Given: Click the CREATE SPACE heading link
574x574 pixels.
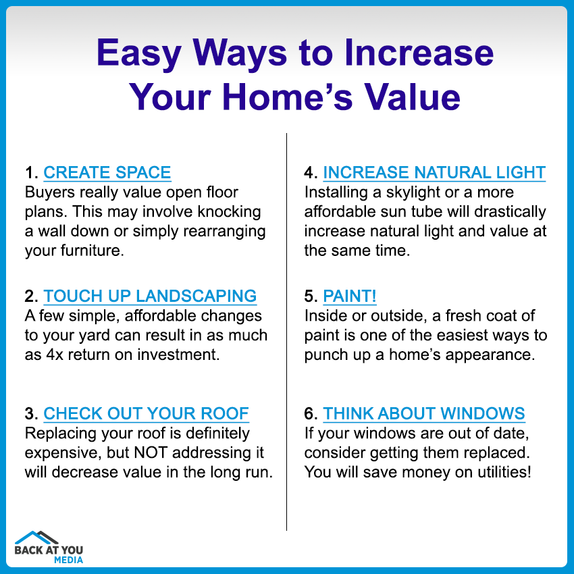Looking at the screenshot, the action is coord(107,172).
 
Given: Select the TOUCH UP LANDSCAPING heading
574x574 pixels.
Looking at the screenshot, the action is coord(150,296).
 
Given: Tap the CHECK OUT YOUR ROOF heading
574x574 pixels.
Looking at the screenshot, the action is coord(146,413).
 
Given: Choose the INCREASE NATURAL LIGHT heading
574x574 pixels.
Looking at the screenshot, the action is coord(434,172).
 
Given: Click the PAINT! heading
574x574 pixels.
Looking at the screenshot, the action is coord(350,296).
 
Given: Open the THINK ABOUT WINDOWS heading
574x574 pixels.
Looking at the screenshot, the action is coord(424,413).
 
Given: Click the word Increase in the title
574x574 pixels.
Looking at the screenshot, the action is coord(419,53).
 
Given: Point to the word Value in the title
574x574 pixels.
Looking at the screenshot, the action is coord(412,97).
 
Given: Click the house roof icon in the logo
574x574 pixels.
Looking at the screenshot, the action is coord(36,538).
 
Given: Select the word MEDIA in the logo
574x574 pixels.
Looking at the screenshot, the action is coord(68,560).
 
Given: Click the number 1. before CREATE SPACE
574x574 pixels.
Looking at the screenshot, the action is coord(32,173).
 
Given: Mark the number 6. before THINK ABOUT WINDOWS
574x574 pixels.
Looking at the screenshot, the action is coord(311,414).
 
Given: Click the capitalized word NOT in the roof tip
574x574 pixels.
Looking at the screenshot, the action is coord(151,452).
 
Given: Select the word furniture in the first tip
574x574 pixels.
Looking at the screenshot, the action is coord(93,251).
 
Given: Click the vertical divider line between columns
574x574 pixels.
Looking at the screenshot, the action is coord(286,332).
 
